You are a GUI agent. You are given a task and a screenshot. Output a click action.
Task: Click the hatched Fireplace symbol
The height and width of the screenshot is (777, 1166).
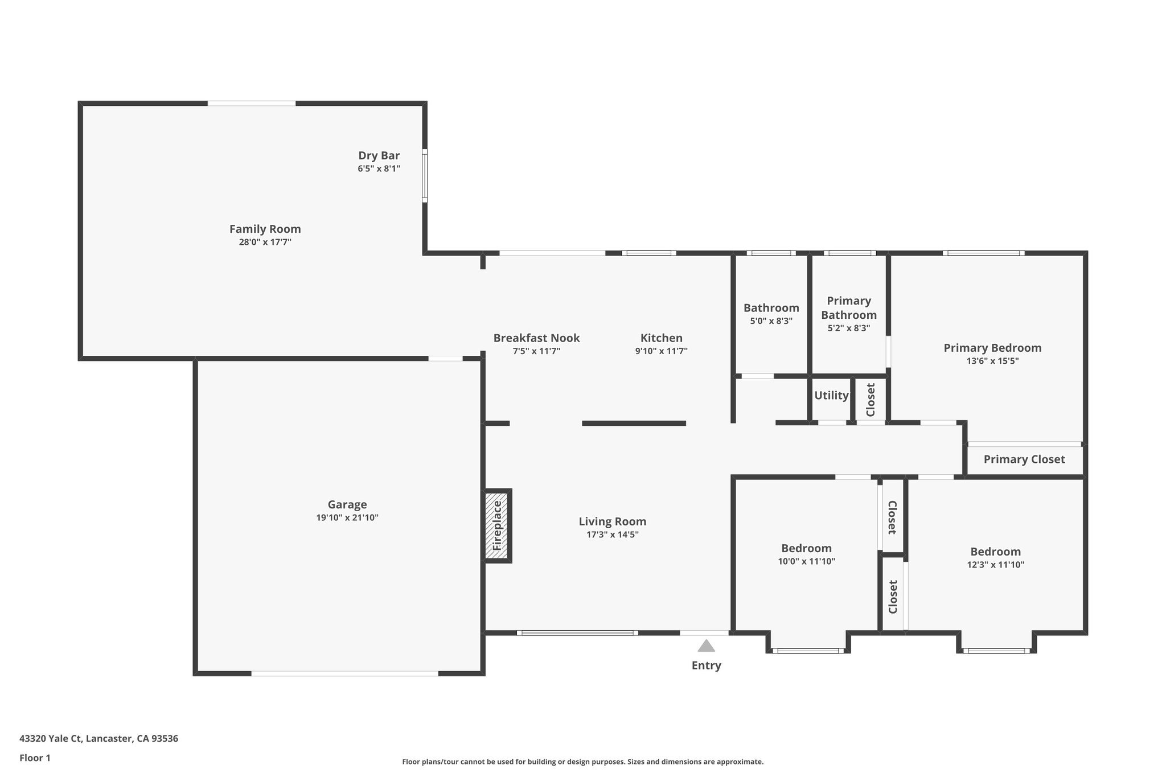click(496, 526)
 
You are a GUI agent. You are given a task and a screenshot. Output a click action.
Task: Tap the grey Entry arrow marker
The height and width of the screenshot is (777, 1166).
click(706, 646)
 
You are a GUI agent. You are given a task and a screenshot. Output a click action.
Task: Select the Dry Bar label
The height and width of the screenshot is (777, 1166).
click(379, 155)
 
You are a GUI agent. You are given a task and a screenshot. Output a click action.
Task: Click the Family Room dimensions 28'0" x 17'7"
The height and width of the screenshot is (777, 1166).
click(265, 242)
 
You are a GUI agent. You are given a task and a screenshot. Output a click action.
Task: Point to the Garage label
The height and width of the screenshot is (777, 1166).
click(347, 504)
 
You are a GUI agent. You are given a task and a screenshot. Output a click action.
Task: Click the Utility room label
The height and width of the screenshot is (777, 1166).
click(831, 395)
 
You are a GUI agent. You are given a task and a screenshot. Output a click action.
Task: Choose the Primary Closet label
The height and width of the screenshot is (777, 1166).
click(1024, 459)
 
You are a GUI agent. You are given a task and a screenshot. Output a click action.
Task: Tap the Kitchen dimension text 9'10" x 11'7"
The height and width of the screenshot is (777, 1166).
click(661, 351)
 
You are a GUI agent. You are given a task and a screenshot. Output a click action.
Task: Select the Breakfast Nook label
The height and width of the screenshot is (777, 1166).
click(536, 338)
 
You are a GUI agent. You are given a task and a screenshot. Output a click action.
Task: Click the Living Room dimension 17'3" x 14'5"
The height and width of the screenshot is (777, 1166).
click(612, 535)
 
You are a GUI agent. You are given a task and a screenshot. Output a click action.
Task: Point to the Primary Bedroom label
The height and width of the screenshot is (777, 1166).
click(992, 348)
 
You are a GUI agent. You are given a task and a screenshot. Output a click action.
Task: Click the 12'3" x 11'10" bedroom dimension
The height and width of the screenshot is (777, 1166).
click(995, 565)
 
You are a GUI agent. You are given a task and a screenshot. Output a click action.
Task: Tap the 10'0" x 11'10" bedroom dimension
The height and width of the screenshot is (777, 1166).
click(806, 561)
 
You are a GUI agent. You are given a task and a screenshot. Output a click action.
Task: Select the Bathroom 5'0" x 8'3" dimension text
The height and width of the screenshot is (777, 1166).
click(771, 321)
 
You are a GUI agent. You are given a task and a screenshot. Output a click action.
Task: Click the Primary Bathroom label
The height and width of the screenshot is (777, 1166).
click(848, 307)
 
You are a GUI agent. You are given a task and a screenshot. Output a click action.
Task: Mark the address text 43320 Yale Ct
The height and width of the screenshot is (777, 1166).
click(98, 738)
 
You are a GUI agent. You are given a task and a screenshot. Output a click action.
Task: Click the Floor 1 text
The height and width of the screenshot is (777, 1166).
click(35, 758)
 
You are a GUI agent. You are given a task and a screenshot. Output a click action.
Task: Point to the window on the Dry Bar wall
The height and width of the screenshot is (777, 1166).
click(425, 175)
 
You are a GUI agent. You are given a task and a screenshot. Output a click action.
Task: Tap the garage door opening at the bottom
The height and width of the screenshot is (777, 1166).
click(344, 673)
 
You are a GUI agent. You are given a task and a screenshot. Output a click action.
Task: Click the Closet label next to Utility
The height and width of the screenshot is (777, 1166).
click(870, 400)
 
